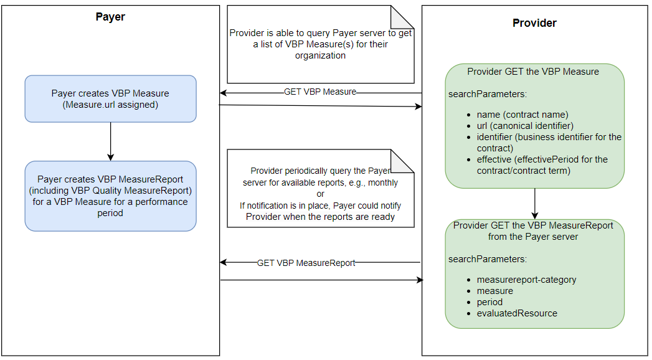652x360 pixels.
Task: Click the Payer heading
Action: pos(110,17)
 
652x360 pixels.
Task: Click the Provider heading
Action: pos(534,23)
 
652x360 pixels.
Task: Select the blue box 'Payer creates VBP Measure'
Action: pos(110,98)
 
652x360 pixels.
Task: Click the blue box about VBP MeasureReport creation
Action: pos(110,196)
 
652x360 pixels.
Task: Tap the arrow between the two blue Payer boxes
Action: pos(110,141)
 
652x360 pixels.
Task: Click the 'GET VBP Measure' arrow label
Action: pos(320,92)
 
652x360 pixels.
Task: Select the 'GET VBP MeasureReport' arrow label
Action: pos(306,263)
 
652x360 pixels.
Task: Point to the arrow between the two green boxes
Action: pos(534,203)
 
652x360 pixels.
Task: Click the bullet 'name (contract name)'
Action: pos(522,115)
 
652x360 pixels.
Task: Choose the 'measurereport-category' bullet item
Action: pos(526,280)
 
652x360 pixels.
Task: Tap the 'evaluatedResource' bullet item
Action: pos(517,313)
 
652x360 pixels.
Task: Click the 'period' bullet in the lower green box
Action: pos(489,302)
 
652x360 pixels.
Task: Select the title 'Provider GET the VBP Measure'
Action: pos(533,72)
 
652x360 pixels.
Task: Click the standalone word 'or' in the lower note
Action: pos(320,194)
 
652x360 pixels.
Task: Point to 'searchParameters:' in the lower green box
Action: pos(488,259)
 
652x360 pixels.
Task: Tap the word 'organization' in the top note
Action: pos(320,55)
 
